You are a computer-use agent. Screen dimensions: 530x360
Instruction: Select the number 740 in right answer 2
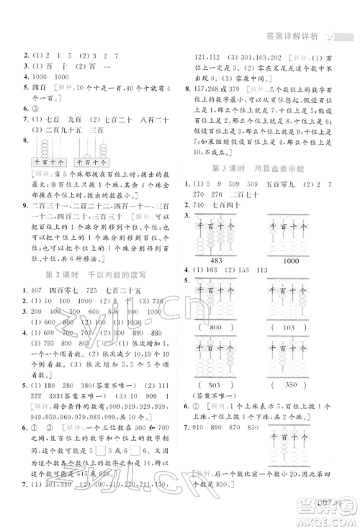(x=212, y=206)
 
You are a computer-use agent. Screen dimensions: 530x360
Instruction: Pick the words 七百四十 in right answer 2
(x=243, y=206)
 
